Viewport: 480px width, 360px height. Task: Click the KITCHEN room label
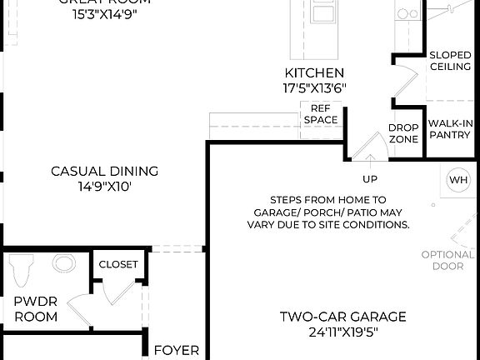point(314,73)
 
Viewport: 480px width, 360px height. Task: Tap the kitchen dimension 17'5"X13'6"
point(314,87)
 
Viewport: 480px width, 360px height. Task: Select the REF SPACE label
point(321,114)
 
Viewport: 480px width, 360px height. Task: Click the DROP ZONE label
point(403,133)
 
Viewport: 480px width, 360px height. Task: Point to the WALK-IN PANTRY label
point(451,129)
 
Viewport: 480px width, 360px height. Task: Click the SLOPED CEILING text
point(450,61)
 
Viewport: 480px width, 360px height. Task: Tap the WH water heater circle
point(458,180)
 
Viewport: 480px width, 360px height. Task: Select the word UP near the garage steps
point(369,178)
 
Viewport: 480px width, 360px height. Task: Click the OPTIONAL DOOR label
point(447,261)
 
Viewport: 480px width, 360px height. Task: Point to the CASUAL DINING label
point(105,172)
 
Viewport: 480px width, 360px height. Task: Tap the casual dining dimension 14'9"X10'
point(105,187)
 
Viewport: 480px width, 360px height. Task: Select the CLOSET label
point(118,264)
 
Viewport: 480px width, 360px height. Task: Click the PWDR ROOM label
point(36,309)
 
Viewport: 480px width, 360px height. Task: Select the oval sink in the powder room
point(63,264)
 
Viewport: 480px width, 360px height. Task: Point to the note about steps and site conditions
point(327,212)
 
